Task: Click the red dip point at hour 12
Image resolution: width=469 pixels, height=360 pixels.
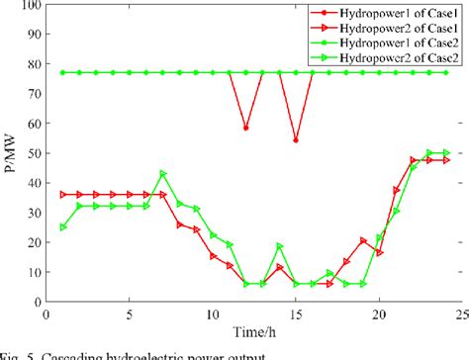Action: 245,128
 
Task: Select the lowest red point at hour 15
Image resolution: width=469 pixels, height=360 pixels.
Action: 296,139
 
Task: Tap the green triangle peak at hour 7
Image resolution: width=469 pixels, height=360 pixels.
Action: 163,174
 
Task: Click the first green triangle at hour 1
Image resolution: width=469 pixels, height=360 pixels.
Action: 63,226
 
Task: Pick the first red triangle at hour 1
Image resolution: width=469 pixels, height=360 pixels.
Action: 63,194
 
